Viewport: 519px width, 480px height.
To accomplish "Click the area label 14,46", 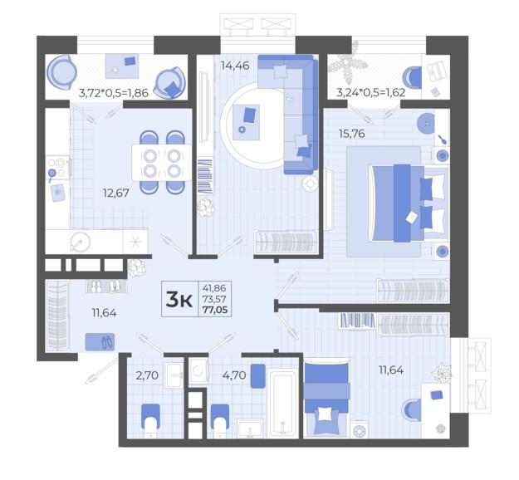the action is [235, 66].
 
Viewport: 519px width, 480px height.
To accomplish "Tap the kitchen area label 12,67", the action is [116, 193].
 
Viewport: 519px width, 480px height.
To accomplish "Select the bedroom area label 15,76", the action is [351, 134].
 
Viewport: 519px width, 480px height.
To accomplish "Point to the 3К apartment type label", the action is [179, 300].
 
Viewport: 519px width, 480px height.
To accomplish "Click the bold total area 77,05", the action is [215, 310].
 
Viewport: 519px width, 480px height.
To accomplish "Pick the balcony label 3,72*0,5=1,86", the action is [113, 93].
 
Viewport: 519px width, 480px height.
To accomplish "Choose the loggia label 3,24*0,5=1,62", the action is [370, 92].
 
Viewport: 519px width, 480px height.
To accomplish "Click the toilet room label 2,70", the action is [147, 375].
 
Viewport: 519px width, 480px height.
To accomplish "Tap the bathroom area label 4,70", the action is [234, 375].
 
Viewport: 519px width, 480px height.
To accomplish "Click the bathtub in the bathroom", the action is [282, 404].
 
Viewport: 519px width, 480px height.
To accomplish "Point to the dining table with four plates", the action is [162, 163].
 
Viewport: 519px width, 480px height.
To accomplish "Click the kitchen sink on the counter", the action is [81, 242].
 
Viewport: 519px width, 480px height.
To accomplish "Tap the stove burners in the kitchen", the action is [57, 168].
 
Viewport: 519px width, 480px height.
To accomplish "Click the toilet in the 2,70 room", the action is [151, 419].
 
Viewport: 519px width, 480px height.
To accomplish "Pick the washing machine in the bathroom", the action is [198, 371].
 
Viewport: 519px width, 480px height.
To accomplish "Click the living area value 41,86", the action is [214, 287].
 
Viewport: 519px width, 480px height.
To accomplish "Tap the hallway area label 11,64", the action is [105, 313].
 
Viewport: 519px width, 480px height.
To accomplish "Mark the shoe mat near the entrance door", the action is [100, 342].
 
